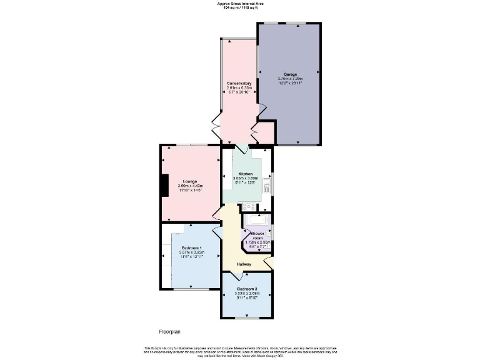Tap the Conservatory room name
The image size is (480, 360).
(x=239, y=83)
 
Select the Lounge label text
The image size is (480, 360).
(x=190, y=181)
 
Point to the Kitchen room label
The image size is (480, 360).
(x=245, y=173)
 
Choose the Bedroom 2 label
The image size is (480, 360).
(x=247, y=289)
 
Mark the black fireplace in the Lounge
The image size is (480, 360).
(x=164, y=186)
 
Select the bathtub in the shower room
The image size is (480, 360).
(x=256, y=220)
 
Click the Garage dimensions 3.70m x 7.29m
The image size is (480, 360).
(x=290, y=79)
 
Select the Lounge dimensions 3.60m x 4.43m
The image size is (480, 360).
(x=190, y=186)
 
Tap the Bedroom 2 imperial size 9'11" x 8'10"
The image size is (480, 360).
(x=247, y=298)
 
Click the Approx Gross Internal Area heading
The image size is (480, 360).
(x=241, y=4)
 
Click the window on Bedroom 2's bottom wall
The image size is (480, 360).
(x=247, y=318)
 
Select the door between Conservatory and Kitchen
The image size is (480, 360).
(x=241, y=149)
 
